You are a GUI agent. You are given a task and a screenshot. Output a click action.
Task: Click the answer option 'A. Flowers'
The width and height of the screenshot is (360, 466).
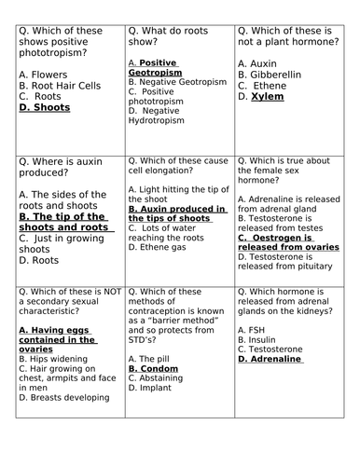coord(45,74)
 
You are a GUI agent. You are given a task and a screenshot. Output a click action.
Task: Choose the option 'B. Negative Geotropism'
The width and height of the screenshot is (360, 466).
coord(177,81)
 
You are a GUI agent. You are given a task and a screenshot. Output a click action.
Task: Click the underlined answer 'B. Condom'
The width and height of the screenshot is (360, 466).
coord(154,369)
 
